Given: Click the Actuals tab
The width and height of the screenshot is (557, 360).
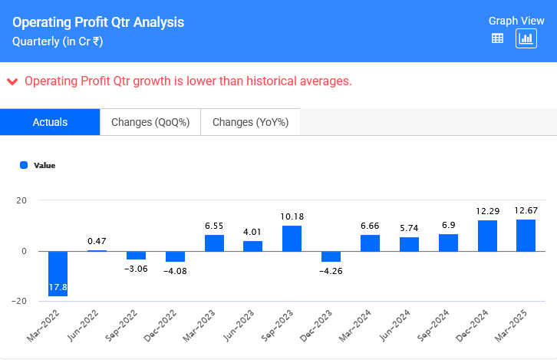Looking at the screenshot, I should pos(50,122).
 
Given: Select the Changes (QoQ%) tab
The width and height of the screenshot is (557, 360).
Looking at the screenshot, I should pos(150,122).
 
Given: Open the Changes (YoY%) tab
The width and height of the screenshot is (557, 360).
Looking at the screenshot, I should pos(249,122).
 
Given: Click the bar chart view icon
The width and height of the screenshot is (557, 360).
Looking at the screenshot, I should pos(526,38).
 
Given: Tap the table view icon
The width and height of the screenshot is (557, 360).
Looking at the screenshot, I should pos(497,38).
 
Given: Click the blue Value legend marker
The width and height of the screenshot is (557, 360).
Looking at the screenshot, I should pos(24,165).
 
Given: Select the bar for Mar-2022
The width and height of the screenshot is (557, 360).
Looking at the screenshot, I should pos(58,273).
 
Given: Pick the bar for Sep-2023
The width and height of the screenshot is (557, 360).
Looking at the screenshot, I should pos(292,238).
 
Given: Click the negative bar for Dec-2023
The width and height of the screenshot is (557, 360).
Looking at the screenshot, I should pos(331,256).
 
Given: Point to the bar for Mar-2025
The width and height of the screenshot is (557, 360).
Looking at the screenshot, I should pos(526,235).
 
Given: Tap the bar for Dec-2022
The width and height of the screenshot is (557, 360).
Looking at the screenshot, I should pos(175,256).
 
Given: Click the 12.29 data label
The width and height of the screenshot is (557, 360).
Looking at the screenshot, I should pos(487,211).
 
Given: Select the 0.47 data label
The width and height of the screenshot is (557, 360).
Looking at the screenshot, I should pos(97,241).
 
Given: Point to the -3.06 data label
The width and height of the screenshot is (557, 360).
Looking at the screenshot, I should pos(136,268).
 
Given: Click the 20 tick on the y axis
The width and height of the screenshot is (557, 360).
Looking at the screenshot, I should pos(21,201).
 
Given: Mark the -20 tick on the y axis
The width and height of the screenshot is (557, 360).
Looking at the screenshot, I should pos(20,301).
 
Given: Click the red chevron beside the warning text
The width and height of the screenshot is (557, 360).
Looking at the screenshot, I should pos(12,81).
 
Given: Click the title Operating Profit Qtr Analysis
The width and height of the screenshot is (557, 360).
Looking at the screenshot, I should pos(98,22).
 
